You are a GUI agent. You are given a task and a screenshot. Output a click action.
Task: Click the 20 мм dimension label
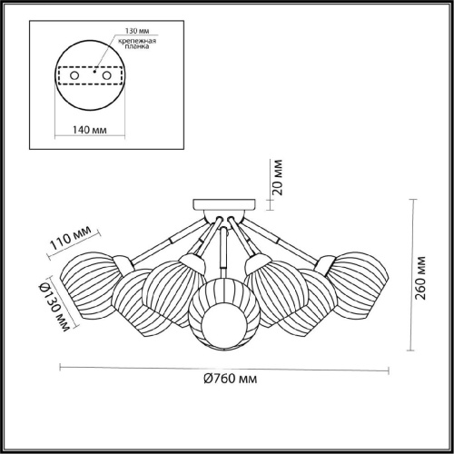280,177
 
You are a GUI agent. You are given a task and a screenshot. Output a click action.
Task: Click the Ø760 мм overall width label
223,379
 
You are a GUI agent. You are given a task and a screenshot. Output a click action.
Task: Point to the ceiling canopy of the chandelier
223,204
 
